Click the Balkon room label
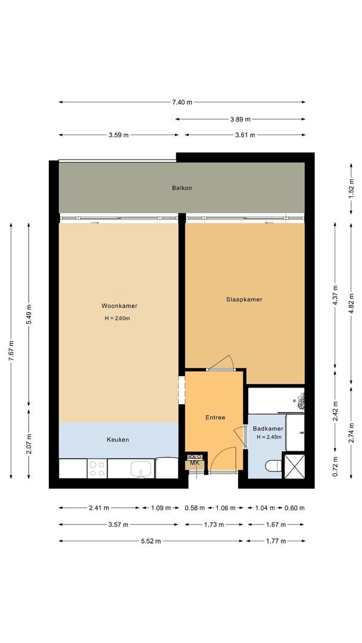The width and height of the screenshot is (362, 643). [182, 188]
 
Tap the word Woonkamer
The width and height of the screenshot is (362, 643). [119, 306]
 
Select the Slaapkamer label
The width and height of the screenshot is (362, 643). [244, 299]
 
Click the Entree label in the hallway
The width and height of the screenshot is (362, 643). [215, 417]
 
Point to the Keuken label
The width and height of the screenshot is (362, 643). [117, 440]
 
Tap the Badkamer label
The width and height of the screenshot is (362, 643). [268, 429]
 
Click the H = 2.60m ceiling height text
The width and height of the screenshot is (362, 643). [117, 319]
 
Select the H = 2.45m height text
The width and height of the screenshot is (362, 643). [269, 438]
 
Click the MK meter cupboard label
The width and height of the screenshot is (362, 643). [195, 463]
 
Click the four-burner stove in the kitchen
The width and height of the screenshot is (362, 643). [96, 468]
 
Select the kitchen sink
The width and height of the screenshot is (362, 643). [141, 469]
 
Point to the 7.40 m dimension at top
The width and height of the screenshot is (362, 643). [182, 102]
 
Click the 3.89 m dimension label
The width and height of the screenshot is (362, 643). [240, 119]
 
